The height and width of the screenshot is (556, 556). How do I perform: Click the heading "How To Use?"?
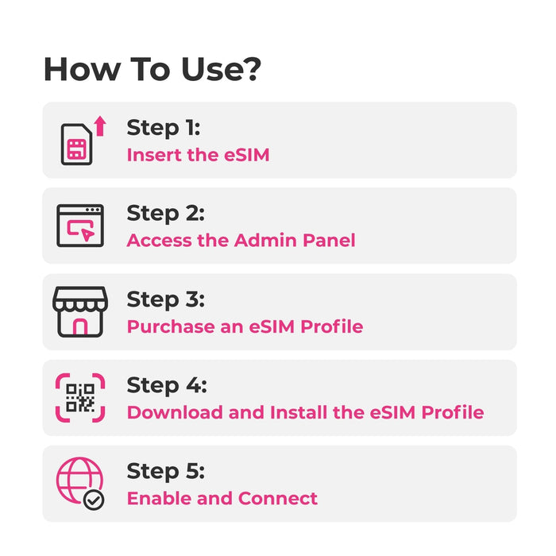(153, 69)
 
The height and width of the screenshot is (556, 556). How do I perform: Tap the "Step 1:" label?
(164, 128)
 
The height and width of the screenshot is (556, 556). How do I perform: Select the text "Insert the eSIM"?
(199, 155)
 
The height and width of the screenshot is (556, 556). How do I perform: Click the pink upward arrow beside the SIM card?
(100, 125)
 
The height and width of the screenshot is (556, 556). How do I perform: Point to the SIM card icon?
(76, 144)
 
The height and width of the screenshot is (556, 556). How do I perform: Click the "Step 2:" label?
(165, 214)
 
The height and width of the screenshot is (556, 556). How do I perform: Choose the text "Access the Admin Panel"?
(241, 240)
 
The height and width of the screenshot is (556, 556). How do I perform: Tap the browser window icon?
(80, 226)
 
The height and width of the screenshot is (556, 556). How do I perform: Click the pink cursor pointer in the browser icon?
(87, 234)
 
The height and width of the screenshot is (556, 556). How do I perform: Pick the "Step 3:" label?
(165, 299)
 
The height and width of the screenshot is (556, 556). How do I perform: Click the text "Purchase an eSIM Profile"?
(245, 326)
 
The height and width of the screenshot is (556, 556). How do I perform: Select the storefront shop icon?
(80, 311)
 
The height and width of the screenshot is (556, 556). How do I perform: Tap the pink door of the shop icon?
(80, 326)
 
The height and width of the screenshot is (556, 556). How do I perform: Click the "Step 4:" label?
(167, 385)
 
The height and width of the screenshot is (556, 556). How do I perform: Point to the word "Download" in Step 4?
(176, 412)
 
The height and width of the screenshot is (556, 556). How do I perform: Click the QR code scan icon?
(80, 398)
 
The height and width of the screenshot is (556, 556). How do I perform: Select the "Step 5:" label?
(165, 472)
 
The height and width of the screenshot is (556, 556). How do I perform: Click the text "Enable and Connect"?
(222, 498)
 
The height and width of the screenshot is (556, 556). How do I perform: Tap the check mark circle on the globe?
(94, 500)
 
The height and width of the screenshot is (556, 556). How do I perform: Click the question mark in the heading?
(250, 69)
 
